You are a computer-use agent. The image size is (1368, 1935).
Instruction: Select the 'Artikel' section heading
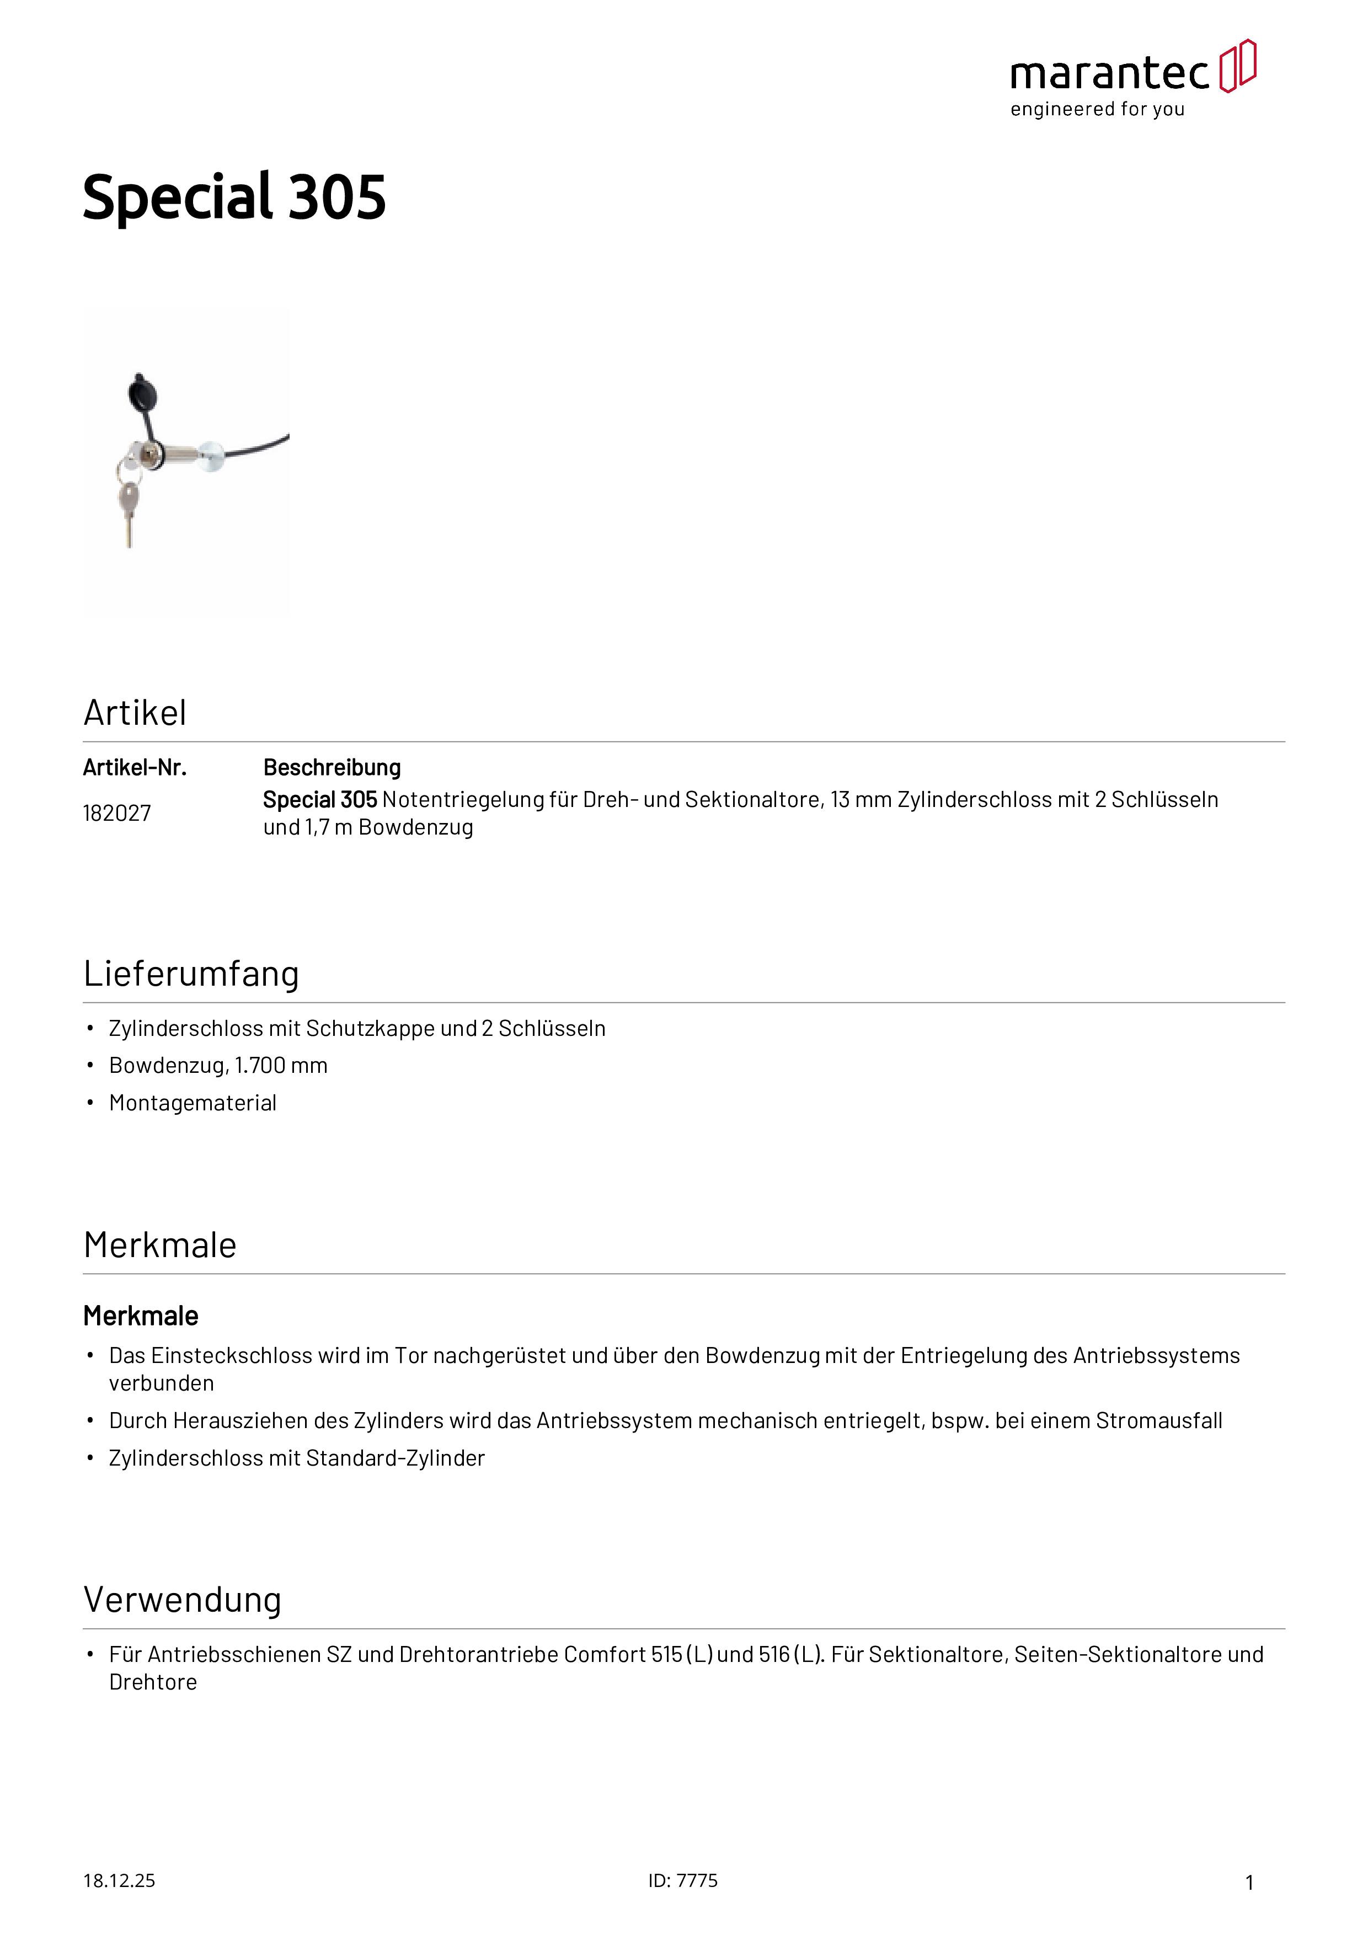pos(135,713)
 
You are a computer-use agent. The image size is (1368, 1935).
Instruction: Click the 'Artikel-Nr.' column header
pos(135,768)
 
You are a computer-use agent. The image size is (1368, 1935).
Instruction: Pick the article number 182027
pos(117,813)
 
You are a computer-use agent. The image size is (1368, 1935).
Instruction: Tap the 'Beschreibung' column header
pos(332,768)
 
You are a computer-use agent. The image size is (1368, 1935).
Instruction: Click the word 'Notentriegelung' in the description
pos(463,800)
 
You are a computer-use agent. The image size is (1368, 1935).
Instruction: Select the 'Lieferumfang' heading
pos(191,974)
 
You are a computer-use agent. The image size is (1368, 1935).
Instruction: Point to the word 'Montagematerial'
pos(193,1103)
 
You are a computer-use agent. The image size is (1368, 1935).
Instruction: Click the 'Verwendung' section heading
pos(182,1600)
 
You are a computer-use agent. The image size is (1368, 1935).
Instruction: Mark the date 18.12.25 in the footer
pos(119,1880)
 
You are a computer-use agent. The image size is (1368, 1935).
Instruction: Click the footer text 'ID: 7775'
pos(683,1880)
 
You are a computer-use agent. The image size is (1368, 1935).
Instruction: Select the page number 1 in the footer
pos(1249,1882)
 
